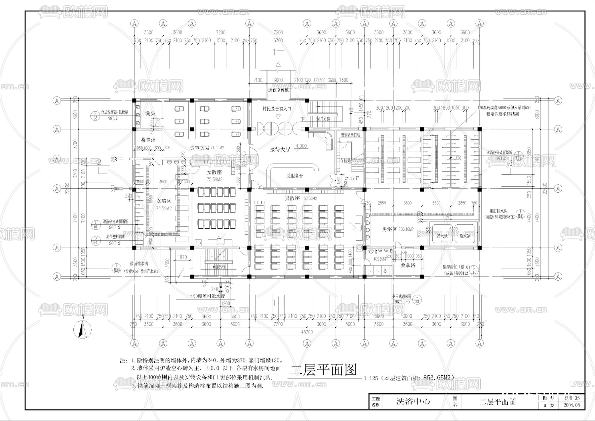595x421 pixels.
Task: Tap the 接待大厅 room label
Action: pos(279,150)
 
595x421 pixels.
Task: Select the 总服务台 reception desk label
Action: pos(295,176)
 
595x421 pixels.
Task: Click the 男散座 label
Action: pos(292,198)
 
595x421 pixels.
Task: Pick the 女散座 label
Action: pos(214,172)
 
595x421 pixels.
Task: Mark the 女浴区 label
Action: pos(164,201)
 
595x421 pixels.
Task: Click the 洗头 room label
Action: pos(150,113)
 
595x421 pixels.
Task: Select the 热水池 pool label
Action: pos(464,237)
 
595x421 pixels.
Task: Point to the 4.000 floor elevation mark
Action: pos(301,146)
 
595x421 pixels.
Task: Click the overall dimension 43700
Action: pos(306,332)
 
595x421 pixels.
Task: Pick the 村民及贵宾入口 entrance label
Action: pos(277,109)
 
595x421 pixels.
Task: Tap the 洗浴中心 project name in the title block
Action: pos(413,402)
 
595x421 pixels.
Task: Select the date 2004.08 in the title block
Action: pos(571,405)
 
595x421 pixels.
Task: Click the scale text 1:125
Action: pos(371,378)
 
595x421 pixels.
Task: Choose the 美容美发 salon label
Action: pos(200,148)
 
